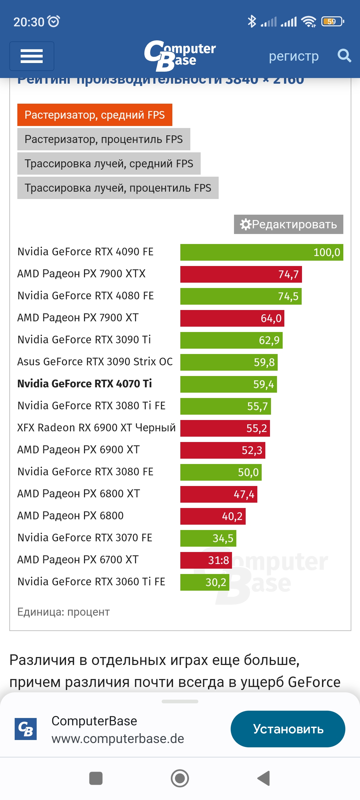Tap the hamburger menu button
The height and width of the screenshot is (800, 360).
coord(32,56)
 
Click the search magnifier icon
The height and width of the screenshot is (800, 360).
coord(344,56)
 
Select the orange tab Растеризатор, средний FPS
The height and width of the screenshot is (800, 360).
coord(95,115)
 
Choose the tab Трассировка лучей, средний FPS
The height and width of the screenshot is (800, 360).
coord(109,164)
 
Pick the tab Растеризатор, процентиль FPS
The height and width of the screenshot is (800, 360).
coord(104,139)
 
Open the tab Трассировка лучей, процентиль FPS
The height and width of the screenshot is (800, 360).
coord(118,188)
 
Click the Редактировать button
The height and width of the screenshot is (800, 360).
coord(288,224)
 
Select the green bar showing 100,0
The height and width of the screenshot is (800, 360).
coord(261,252)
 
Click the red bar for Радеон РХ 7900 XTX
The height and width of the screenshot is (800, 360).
coord(241,274)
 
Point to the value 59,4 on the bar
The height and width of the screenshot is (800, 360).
coord(263,384)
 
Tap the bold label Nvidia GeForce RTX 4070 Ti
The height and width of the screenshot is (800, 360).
coord(85,384)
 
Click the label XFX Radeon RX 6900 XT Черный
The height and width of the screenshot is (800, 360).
coord(96,428)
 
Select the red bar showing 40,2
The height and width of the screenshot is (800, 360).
coord(213,516)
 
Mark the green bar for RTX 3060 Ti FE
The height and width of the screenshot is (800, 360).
coord(204,582)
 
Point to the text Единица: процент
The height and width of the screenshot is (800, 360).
coord(63,612)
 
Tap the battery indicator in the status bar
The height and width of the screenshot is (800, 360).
coord(332,22)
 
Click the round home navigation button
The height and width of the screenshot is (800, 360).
coord(180,778)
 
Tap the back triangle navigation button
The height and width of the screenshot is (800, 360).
coord(264,778)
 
